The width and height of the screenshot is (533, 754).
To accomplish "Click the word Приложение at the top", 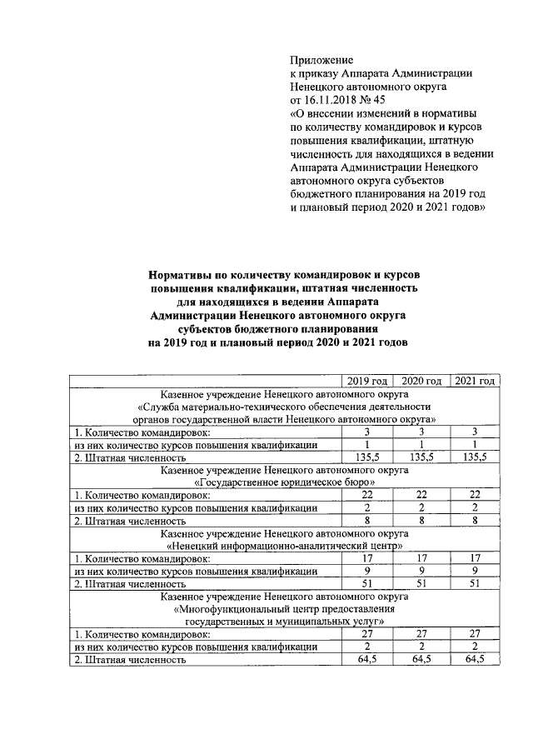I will click(321, 60).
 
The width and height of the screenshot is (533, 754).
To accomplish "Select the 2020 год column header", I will click(421, 381).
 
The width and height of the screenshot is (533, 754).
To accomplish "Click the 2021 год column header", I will click(474, 381).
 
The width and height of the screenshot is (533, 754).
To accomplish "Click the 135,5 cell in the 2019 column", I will click(367, 457).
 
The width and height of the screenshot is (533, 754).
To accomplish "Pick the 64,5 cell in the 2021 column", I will click(474, 659).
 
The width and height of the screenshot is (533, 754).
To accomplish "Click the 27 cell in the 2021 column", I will click(474, 634).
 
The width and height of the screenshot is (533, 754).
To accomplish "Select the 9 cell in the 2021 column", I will click(474, 571).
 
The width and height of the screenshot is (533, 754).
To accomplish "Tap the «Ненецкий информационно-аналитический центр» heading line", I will click(284, 545).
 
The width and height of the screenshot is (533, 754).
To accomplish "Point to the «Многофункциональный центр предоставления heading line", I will click(284, 609).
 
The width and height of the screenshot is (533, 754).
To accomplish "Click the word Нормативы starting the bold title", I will click(178, 274).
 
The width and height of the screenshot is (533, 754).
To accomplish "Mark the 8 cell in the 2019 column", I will click(367, 520).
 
